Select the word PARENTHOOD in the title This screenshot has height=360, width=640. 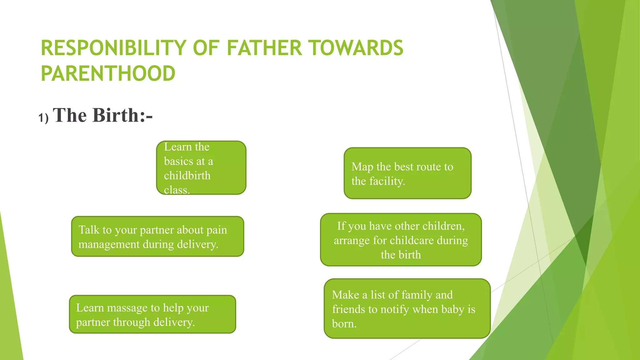(108, 74)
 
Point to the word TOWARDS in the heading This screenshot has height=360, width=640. (356, 48)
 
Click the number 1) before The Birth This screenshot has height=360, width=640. (43, 118)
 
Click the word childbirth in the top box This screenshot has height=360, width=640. (187, 176)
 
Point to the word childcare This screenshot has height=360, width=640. (412, 240)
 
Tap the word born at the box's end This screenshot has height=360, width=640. (344, 324)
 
